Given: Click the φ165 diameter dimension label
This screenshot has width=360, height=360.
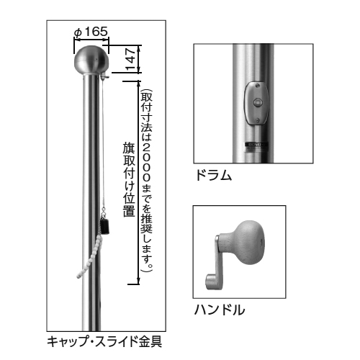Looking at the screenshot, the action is [x=91, y=32].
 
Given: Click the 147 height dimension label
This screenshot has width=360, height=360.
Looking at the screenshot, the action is [x=131, y=59].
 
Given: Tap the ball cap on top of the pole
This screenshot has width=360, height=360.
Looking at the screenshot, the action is [x=91, y=59].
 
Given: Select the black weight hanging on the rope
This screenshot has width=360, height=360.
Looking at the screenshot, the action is [x=105, y=226].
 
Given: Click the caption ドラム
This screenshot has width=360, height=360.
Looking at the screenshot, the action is [x=214, y=175].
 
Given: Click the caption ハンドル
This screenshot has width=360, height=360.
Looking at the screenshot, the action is [x=220, y=310].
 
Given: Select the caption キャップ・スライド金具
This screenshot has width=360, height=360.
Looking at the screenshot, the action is [x=104, y=341].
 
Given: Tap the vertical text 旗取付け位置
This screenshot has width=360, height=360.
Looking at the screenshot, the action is [x=129, y=179].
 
